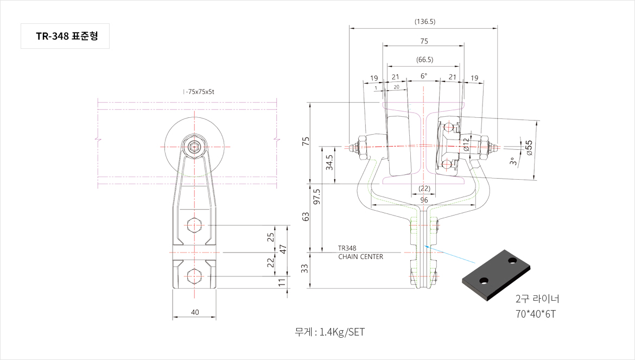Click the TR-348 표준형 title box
click(65, 36)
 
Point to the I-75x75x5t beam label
click(199, 92)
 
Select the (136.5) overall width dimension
click(424, 22)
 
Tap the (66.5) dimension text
click(424, 59)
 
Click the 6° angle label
click(424, 77)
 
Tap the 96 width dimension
click(424, 199)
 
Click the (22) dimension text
click(424, 188)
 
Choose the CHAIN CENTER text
click(360, 257)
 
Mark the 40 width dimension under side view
click(195, 312)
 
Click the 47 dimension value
click(283, 249)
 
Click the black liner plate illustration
click(497, 275)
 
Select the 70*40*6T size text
click(536, 314)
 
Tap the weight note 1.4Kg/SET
click(329, 332)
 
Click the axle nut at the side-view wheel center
click(195, 147)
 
